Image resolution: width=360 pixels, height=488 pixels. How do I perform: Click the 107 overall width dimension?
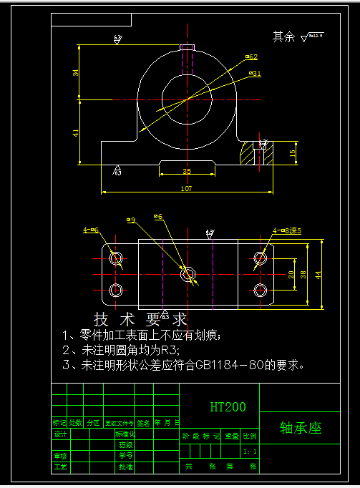pos(186,189)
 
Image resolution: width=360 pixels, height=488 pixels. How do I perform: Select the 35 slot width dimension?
pos(186,172)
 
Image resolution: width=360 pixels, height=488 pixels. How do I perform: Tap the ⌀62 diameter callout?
pos(251,56)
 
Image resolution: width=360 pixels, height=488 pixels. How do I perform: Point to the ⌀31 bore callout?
pos(255,73)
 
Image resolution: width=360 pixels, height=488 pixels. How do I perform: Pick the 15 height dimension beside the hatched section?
pos(292,152)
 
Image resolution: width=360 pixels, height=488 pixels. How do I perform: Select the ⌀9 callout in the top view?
pos(130,220)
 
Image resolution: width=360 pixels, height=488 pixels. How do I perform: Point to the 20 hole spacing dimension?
pos(291,274)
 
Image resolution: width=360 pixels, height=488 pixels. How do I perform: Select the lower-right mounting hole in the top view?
pos(261,290)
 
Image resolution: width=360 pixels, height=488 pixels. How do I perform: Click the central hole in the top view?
pos(188,273)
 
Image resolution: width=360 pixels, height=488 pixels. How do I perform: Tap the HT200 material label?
pos(228,407)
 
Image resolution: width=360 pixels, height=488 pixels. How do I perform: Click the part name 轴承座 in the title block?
pos(300,429)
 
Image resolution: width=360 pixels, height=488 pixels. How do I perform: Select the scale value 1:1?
pos(249,452)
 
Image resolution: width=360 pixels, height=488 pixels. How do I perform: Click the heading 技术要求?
pos(141,318)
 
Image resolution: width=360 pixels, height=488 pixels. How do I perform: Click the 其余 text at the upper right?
pos(283,36)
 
